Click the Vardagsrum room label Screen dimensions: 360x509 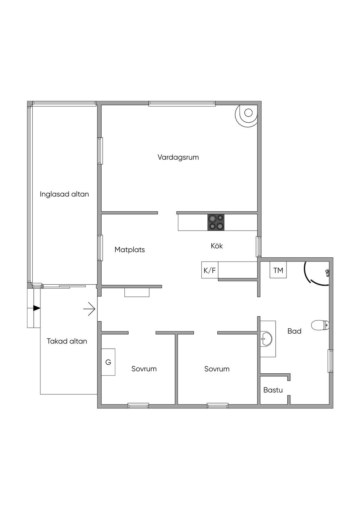178,157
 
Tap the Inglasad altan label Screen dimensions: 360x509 64,194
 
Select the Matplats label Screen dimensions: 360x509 129,250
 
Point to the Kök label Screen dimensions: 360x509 217,246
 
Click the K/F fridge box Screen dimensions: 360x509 210,270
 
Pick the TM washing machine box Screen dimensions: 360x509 278,270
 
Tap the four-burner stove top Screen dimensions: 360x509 216,222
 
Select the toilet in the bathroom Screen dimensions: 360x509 320,325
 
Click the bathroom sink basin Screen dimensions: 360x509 266,339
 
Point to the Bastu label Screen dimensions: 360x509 273,390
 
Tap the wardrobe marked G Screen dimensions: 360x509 108,362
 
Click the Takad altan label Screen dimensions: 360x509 67,341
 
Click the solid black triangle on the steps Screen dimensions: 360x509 37,308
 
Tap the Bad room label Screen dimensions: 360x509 294,331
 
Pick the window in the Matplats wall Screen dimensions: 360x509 100,248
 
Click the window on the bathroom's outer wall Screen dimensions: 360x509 330,361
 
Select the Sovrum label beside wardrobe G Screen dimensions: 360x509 144,369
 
